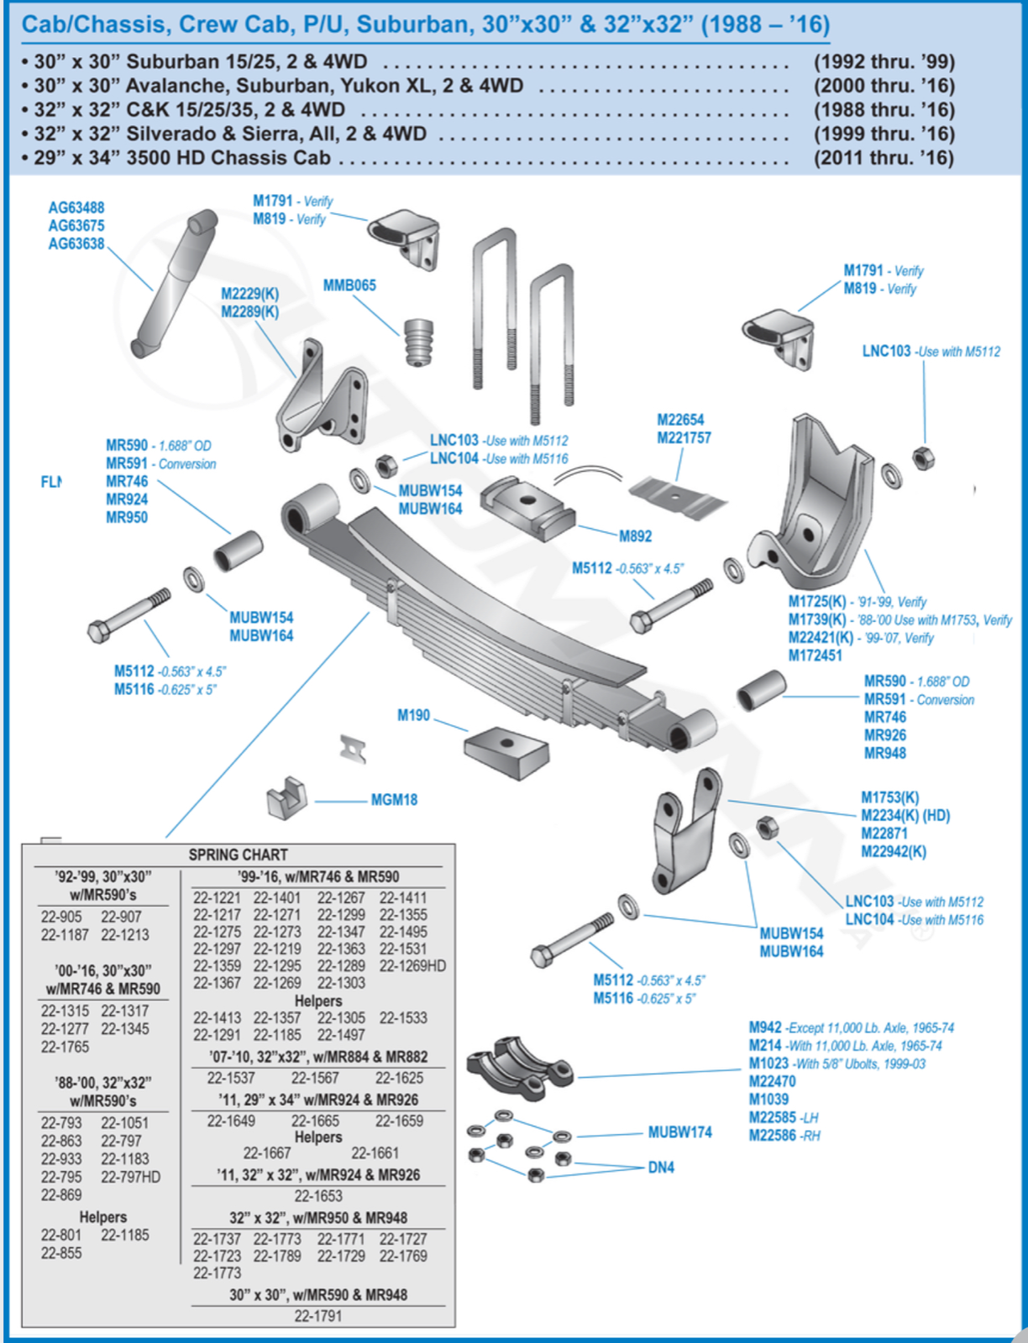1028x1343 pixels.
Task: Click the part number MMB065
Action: tap(349, 285)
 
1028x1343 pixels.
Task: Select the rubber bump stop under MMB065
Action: tap(417, 342)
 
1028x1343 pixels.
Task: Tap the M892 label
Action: tap(635, 536)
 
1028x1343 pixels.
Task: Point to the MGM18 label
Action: tap(394, 800)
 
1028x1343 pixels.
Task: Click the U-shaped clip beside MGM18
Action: tap(286, 797)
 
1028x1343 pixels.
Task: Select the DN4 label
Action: tap(661, 1168)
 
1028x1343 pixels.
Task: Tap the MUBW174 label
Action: tap(679, 1132)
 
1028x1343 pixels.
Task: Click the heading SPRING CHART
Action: tap(238, 854)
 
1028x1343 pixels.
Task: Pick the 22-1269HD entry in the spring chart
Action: tap(412, 966)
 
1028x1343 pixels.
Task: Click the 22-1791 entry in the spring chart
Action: tap(318, 1316)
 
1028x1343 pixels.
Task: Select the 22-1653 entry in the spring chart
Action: tap(318, 1196)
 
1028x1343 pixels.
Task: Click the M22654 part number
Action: tap(680, 420)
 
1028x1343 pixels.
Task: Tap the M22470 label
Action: tap(772, 1082)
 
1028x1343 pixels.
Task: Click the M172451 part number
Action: tap(815, 656)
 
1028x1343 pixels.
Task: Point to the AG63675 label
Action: tap(76, 226)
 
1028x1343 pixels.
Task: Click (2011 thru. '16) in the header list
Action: tap(884, 158)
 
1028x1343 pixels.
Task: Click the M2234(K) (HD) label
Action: tap(905, 815)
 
